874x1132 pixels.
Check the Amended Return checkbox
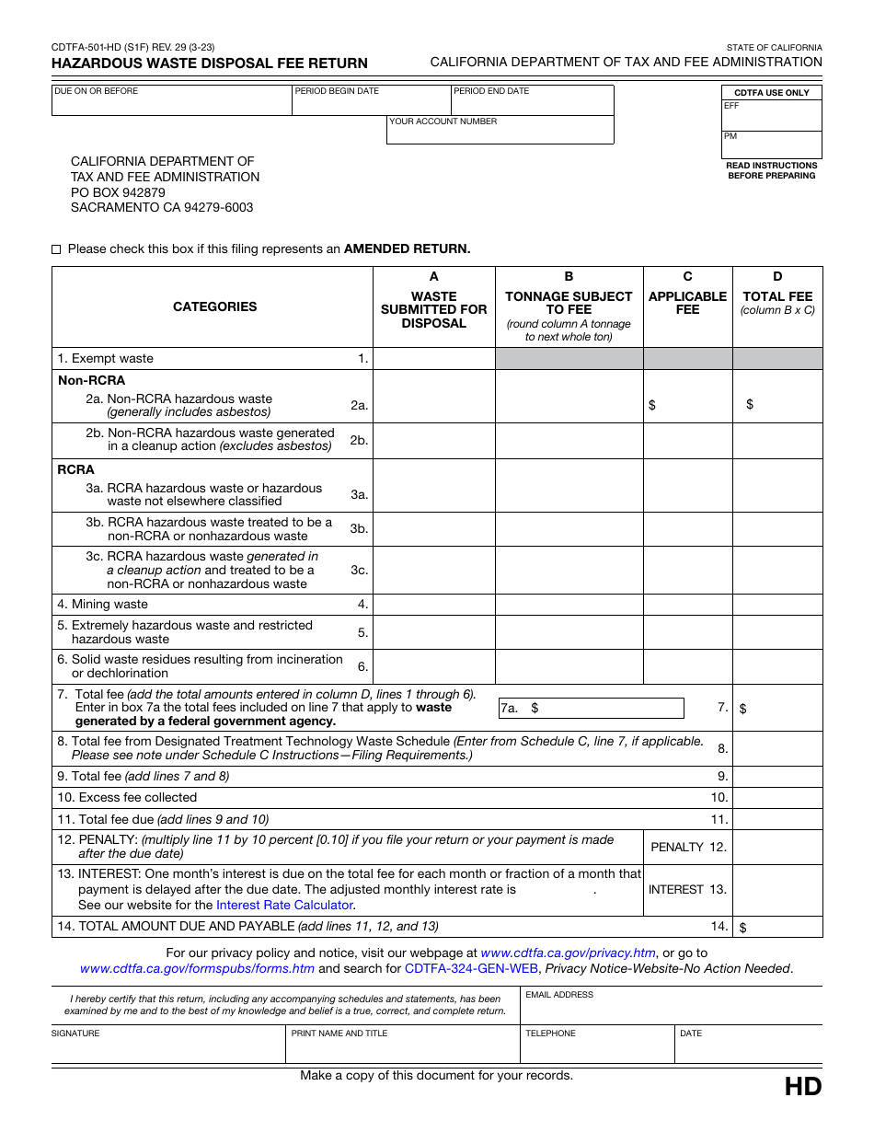(56, 249)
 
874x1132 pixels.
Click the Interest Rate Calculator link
(284, 906)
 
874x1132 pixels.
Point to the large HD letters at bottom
(802, 1087)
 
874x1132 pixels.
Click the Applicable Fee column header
(687, 303)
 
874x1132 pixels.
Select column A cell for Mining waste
(433, 605)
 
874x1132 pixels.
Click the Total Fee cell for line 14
(777, 927)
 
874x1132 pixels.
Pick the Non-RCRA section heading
(79, 380)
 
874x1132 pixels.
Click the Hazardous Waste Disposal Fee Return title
(209, 64)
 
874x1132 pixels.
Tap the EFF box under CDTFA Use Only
(772, 116)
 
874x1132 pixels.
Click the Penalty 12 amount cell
(777, 848)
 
